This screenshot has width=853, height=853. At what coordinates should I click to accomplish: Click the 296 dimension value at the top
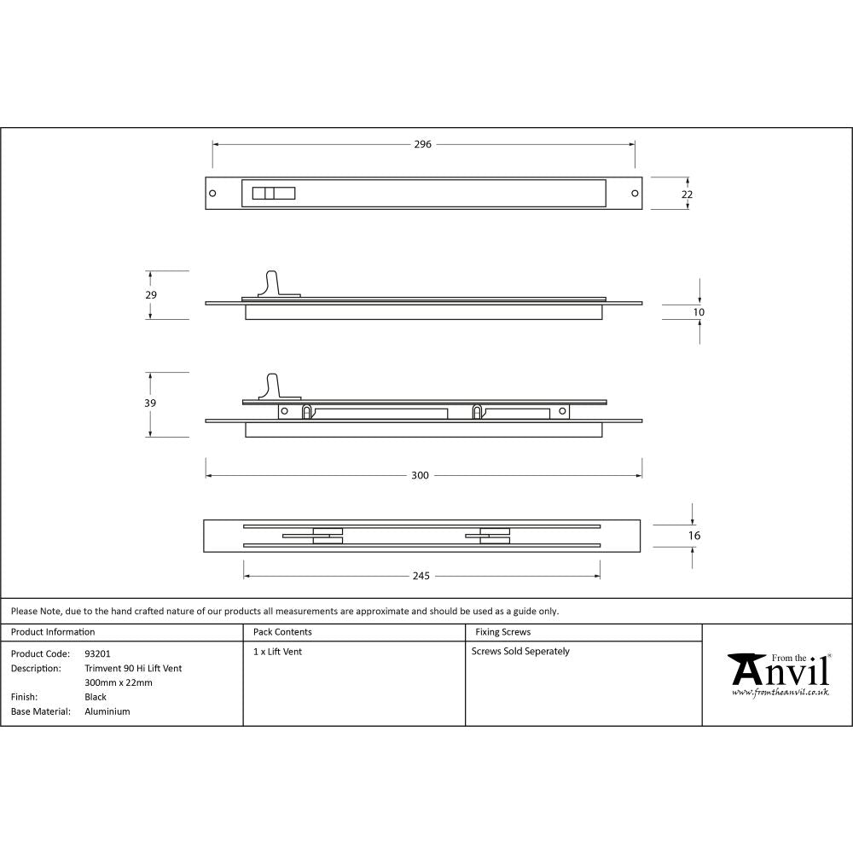(423, 144)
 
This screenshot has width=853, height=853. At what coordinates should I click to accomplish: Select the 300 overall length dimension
(420, 475)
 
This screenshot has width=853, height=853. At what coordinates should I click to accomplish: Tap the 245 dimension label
(421, 576)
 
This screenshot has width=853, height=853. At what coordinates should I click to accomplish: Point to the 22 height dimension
(687, 194)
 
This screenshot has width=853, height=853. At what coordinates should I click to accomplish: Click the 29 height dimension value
(151, 294)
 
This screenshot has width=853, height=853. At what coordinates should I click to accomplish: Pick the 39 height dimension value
(151, 403)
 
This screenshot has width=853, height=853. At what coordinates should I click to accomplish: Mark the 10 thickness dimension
(699, 312)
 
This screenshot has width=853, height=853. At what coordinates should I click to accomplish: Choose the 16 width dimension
(693, 536)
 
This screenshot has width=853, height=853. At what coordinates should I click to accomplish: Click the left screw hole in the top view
(212, 193)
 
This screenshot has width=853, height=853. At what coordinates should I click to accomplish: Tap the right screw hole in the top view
(635, 193)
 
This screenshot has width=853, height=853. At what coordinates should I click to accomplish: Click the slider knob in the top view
(272, 193)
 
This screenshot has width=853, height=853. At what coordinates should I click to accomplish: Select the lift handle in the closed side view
(273, 284)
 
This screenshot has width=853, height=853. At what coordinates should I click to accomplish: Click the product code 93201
(97, 653)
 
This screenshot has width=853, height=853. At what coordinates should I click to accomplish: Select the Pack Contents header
(282, 632)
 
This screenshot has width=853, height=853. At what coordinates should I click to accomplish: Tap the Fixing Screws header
(502, 632)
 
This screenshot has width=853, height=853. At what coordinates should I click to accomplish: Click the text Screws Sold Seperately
(520, 651)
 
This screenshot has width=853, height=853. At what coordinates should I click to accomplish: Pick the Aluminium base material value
(107, 711)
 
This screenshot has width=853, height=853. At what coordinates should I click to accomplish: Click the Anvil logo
(778, 674)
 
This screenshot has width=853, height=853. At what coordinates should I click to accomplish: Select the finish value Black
(96, 697)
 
